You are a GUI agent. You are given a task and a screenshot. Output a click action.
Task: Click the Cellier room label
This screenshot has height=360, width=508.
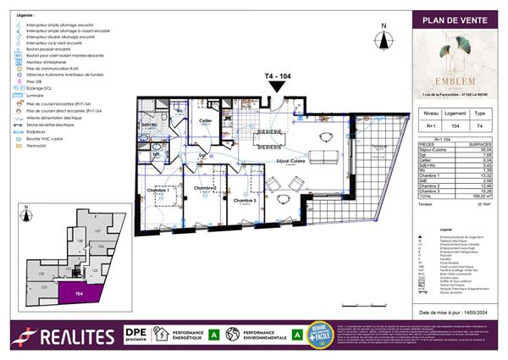(x=206, y=121)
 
